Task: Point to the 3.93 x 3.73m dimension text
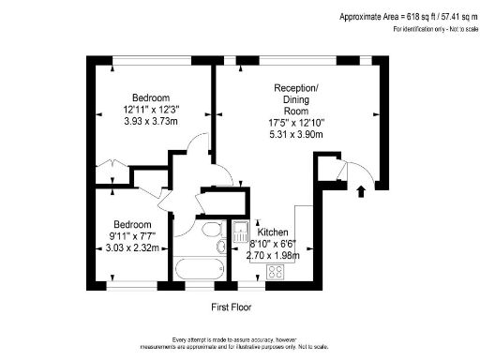151,132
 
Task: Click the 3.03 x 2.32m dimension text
130,247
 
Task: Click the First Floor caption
231,307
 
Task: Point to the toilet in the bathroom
220,247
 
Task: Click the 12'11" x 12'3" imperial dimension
151,111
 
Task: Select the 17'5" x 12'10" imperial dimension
295,121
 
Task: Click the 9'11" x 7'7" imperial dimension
130,236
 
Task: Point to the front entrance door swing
358,172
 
